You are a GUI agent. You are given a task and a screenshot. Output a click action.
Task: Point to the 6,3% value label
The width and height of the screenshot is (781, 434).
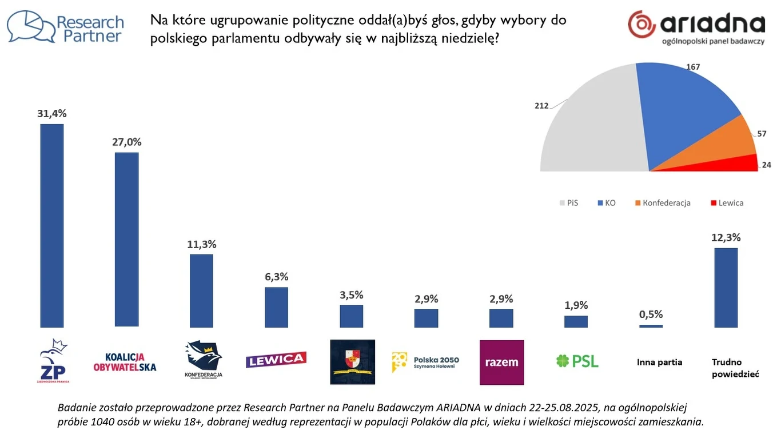pyautogui.click(x=276, y=277)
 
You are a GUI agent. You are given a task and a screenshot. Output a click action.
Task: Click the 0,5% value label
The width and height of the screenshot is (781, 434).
pyautogui.click(x=651, y=314)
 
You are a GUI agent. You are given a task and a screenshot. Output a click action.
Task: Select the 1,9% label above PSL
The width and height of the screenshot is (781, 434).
pyautogui.click(x=576, y=305)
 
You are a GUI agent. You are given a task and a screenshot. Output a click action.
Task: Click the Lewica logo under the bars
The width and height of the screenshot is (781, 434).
pyautogui.click(x=276, y=360)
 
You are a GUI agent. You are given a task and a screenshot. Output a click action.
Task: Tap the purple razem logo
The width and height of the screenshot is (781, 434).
pyautogui.click(x=501, y=362)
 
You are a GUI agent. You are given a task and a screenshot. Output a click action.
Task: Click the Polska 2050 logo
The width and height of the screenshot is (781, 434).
pyautogui.click(x=425, y=362)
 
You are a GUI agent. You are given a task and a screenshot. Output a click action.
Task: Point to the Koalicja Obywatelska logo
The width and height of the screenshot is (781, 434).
pyautogui.click(x=125, y=362)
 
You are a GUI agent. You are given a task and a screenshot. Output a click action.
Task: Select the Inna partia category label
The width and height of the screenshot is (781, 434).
pyautogui.click(x=659, y=362)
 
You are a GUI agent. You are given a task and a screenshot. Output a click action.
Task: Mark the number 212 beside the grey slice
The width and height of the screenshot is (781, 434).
pyautogui.click(x=541, y=106)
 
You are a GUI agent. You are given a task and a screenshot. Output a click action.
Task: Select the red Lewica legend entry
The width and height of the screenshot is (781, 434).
pyautogui.click(x=727, y=203)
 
